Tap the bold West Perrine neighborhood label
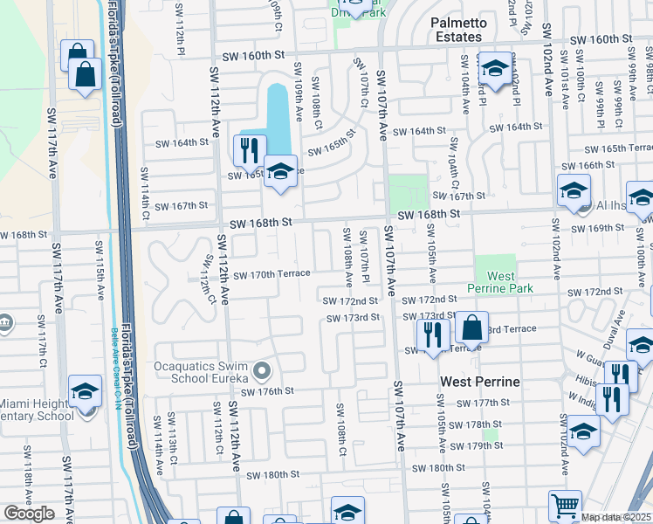480,382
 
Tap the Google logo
29,513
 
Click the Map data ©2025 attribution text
616,517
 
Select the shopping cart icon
565,505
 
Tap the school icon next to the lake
280,169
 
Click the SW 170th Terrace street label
272,273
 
